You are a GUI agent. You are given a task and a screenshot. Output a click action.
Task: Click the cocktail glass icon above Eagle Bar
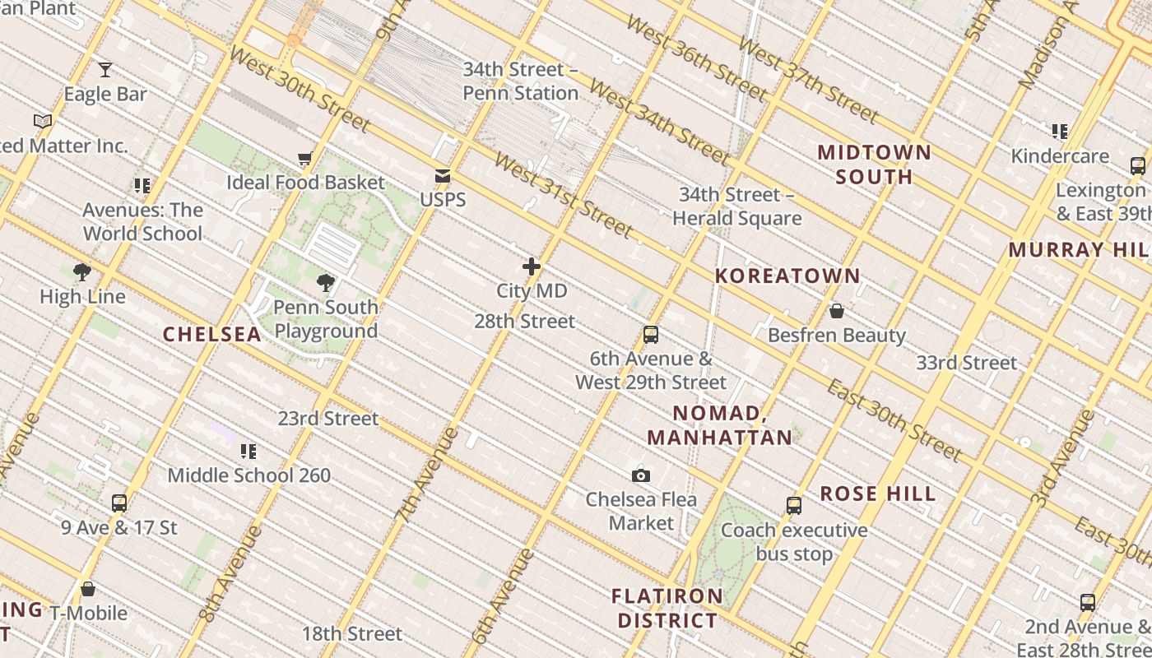point(105,69)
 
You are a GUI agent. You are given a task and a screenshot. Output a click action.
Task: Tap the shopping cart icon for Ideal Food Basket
point(305,158)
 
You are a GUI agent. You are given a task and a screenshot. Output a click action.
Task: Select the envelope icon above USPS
point(443,175)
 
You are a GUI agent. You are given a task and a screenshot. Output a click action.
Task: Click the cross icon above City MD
point(532,266)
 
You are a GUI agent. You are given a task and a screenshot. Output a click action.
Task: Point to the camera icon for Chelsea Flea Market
point(641,475)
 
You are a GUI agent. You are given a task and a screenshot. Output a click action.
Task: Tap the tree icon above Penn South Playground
point(326,283)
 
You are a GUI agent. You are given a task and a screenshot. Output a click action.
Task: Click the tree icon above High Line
point(82,272)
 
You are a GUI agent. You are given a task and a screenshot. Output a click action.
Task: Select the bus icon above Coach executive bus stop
point(794,506)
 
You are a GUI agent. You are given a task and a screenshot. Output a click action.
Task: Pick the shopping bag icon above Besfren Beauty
point(837,311)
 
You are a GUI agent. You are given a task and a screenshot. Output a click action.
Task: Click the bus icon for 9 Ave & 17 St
point(119,503)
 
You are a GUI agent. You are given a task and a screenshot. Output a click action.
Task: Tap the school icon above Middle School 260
point(249,451)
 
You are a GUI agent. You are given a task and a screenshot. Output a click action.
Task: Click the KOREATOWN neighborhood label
point(787,276)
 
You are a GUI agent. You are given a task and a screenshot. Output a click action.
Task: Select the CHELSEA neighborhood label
point(212,334)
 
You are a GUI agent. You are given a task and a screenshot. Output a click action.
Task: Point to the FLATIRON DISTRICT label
point(667,608)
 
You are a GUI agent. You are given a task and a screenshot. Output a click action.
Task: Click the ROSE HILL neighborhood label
point(878,494)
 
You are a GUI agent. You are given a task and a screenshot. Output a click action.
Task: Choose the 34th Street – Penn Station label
point(520,81)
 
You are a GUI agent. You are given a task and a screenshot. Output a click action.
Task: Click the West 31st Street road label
point(564,194)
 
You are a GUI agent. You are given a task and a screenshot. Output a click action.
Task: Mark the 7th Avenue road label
point(426,475)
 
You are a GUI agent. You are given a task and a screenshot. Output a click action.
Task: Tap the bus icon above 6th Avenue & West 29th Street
point(651,335)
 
